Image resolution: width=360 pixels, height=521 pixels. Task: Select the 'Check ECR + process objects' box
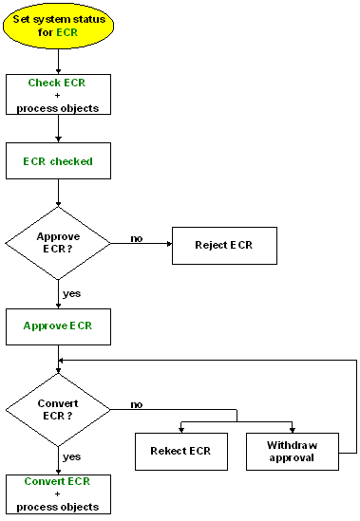click(x=59, y=95)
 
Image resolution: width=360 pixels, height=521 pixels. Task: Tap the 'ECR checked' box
click(x=59, y=161)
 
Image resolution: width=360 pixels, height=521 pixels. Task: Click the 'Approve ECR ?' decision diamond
click(x=59, y=243)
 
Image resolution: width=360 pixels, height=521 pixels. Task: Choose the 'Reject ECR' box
click(x=223, y=246)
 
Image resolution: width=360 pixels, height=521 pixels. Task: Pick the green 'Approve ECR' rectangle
click(x=59, y=326)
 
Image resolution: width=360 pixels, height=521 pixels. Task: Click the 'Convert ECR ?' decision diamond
click(x=59, y=408)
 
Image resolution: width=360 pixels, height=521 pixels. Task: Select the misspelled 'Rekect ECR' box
click(x=180, y=451)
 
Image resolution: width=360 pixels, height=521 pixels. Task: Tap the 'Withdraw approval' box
click(x=293, y=451)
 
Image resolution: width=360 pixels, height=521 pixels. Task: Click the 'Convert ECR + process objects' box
click(x=59, y=493)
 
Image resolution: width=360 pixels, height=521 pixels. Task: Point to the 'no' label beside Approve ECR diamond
click(x=137, y=238)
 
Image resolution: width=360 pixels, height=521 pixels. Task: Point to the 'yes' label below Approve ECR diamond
click(x=71, y=293)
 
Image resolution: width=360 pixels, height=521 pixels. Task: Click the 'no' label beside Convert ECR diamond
click(x=137, y=404)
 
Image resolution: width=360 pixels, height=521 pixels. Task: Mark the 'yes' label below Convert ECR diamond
click(x=71, y=456)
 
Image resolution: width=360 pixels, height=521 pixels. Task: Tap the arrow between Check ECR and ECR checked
click(x=59, y=128)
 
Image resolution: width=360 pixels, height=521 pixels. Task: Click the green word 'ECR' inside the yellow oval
click(x=66, y=32)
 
